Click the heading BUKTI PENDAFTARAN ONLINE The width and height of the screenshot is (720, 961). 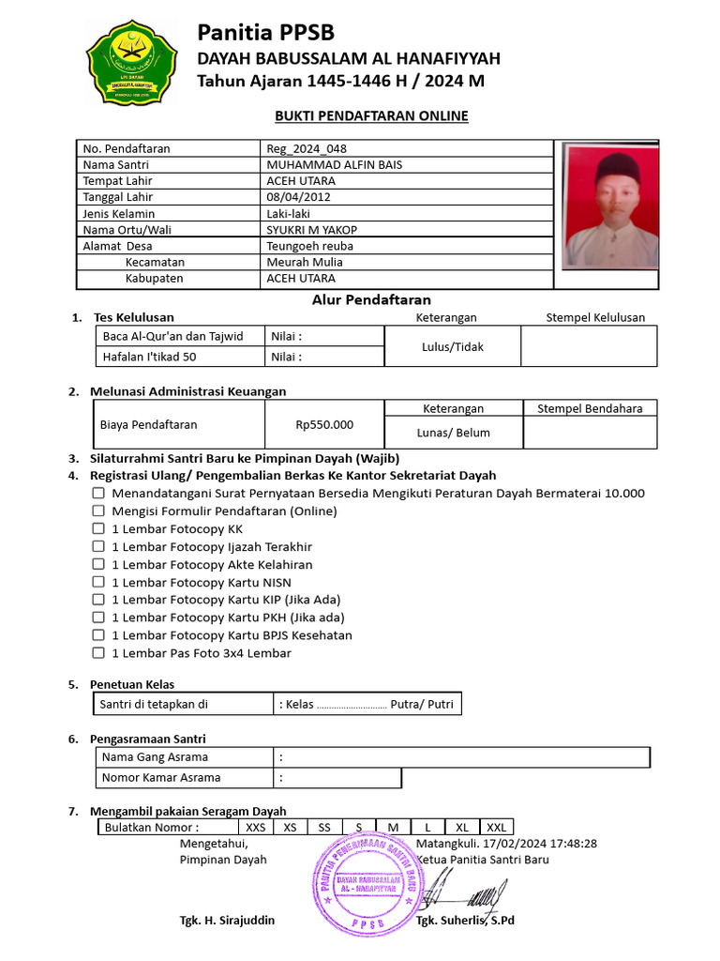[371, 116]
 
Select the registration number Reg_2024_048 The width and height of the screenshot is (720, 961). [306, 148]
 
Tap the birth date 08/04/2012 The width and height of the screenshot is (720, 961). [299, 197]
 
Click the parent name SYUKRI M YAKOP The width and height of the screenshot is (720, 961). [312, 230]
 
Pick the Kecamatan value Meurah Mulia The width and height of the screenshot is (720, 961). [305, 262]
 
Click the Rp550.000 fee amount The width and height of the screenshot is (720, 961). [324, 425]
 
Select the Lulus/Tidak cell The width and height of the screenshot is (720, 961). [453, 346]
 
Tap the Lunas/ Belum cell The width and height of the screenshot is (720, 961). [454, 433]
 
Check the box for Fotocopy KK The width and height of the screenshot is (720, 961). [98, 529]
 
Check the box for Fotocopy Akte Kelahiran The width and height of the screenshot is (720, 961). [98, 565]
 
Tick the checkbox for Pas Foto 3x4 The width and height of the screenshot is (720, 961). [98, 653]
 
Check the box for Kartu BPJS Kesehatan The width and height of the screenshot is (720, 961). [98, 635]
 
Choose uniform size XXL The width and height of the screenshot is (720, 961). [496, 828]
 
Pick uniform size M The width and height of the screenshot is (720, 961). [394, 828]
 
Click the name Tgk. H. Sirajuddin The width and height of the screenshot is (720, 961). [227, 921]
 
